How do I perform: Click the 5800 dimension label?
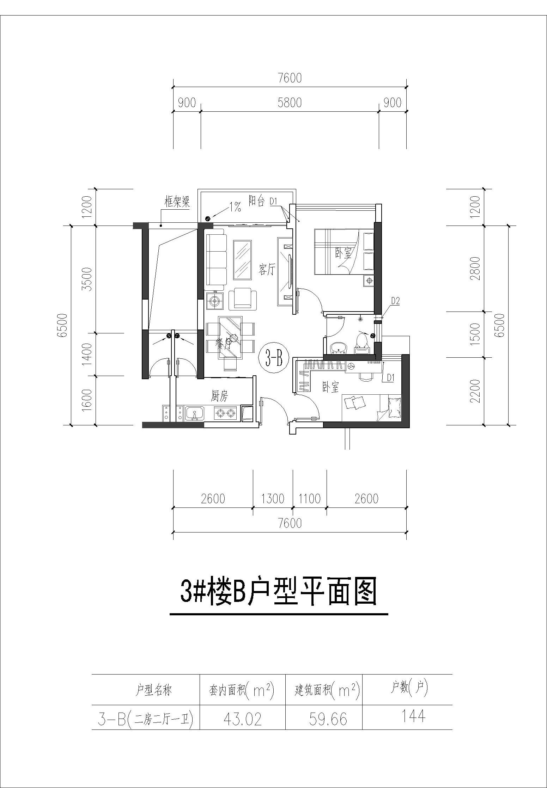click(289, 103)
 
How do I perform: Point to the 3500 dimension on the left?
click(87, 279)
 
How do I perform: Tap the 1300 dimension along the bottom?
click(273, 498)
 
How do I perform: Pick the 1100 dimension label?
click(310, 498)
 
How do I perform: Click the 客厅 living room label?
click(267, 270)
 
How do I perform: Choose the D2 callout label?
click(395, 301)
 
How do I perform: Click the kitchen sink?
click(194, 413)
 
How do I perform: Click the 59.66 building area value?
click(328, 719)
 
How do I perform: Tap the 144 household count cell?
click(413, 716)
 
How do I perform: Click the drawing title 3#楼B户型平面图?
click(279, 593)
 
